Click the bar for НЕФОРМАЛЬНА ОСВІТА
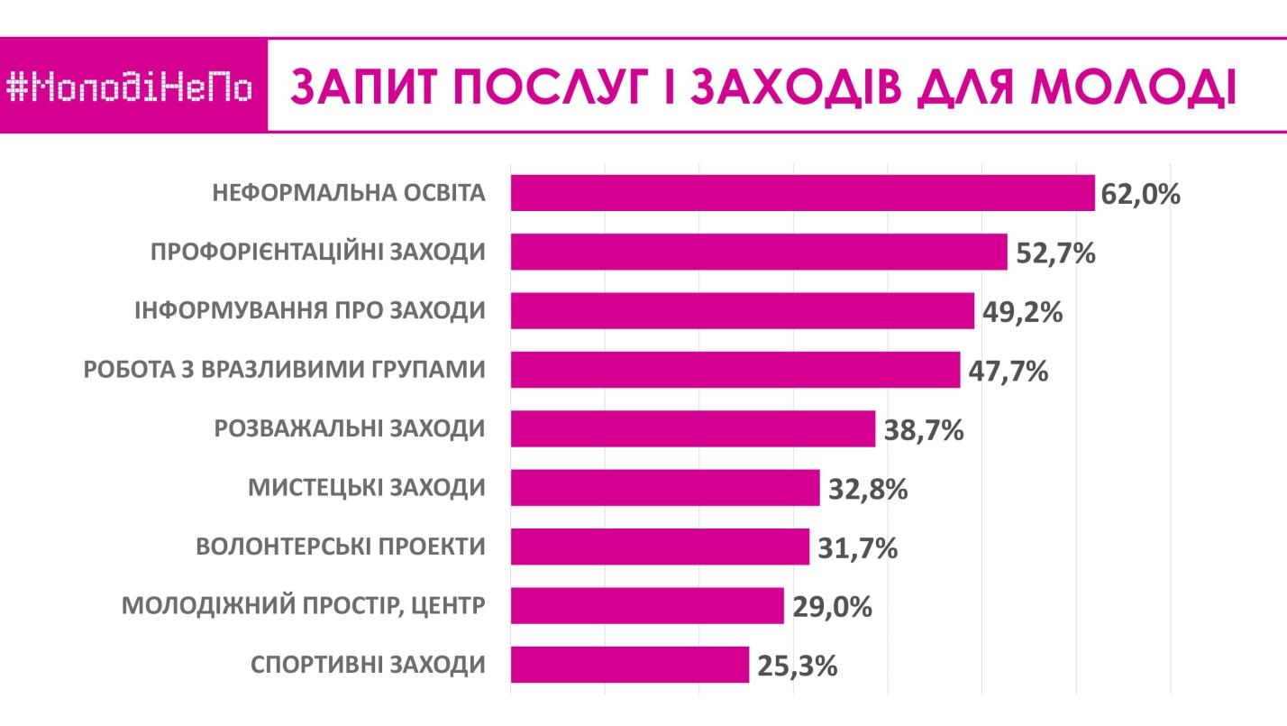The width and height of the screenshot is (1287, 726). point(802,193)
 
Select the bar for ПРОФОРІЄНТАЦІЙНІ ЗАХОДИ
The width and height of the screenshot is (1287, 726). point(758,252)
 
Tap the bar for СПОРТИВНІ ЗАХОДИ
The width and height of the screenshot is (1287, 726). point(629,665)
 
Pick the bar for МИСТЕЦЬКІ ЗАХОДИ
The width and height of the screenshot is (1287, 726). point(664,488)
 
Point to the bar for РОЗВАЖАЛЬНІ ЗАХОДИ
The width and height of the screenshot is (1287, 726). point(692,428)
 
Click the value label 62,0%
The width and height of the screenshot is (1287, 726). point(1140,194)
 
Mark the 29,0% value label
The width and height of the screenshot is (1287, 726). point(832,606)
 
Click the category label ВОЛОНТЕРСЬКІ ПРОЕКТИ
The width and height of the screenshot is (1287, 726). point(341,547)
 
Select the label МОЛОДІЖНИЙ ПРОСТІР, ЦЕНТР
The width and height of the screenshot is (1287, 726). point(303,606)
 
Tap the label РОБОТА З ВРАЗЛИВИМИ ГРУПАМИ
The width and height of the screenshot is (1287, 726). point(284,371)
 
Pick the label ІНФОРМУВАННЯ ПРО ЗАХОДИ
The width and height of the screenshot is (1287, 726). point(310,311)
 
